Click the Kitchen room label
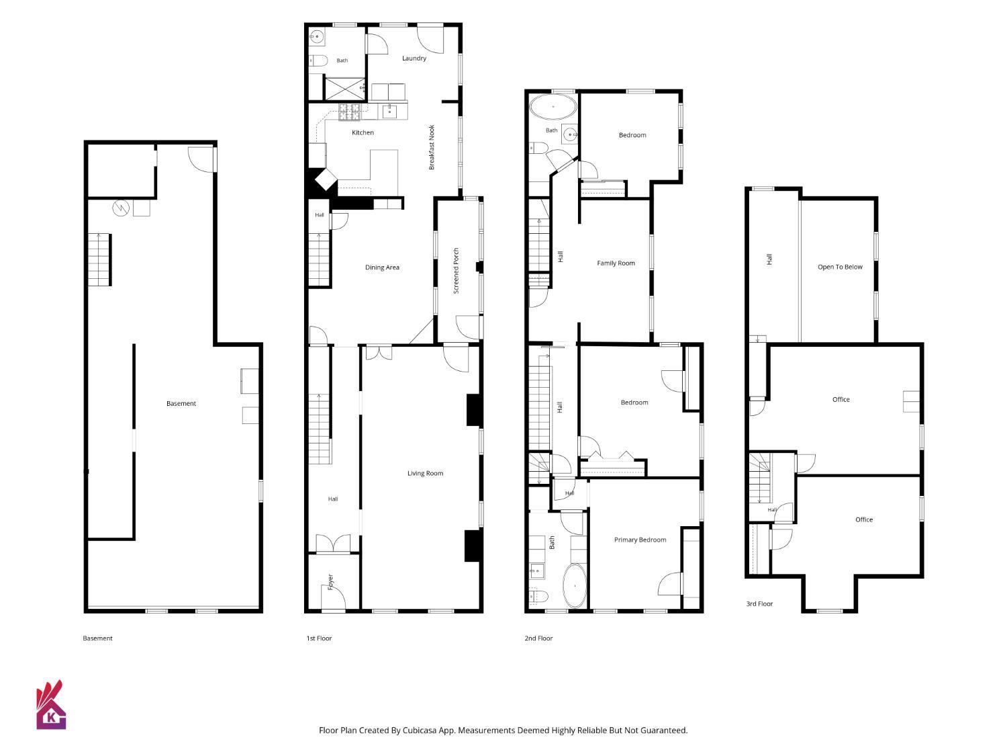point(363,132)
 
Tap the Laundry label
point(414,58)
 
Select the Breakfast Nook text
point(431,147)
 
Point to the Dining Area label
point(382,267)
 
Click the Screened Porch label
point(456,271)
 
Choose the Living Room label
point(425,473)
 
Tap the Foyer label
point(330,581)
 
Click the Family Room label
point(616,263)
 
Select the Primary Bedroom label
point(640,540)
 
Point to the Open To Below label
point(840,267)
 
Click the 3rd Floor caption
point(759,603)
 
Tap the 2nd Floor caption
point(538,638)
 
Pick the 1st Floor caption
point(319,638)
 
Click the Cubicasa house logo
point(50,705)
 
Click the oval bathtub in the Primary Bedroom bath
point(575,586)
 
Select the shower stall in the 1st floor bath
point(344,89)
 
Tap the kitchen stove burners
point(350,112)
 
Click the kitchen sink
point(389,111)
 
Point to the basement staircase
point(99,260)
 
